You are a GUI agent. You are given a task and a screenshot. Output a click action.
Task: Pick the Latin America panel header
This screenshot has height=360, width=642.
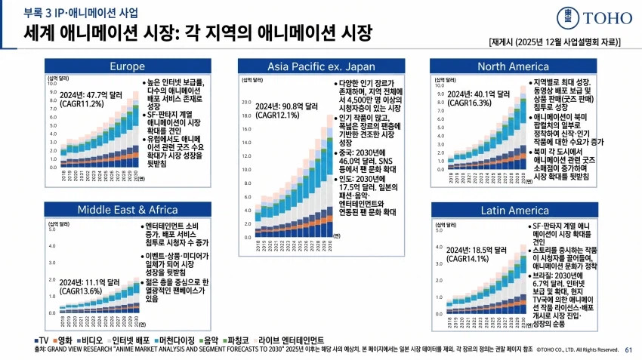click(513, 209)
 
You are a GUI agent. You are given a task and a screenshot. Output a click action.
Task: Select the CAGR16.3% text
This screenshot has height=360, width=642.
click(469, 103)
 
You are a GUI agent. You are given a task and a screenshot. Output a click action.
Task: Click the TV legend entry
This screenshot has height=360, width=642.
click(43, 340)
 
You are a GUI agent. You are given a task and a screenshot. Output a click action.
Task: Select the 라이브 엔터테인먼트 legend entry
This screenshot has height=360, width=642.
click(291, 340)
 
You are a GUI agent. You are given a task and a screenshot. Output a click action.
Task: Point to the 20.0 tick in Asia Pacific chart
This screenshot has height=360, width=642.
click(246, 102)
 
